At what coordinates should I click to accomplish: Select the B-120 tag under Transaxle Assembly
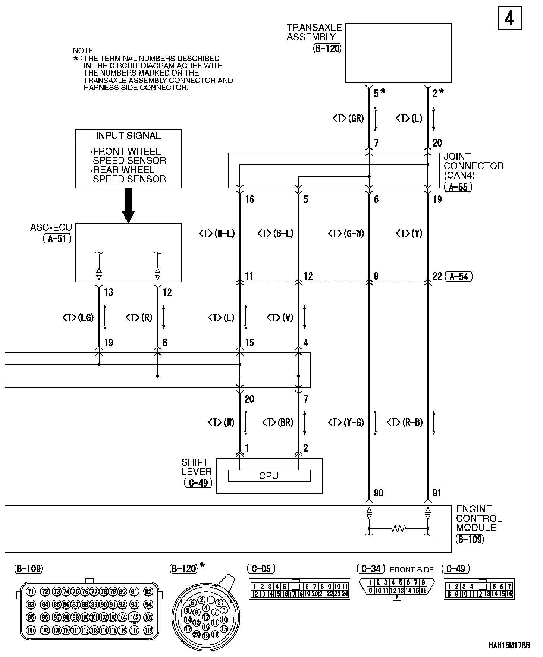tap(327, 48)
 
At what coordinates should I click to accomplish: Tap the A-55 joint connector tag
tap(458, 187)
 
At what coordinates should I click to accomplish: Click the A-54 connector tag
tap(459, 276)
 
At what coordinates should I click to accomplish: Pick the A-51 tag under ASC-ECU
tap(57, 239)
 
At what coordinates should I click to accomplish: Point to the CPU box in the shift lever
tap(269, 476)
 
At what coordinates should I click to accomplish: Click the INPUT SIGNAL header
tap(128, 136)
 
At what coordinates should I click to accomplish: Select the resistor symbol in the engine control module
tap(398, 528)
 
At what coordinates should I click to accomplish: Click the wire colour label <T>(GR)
tap(348, 119)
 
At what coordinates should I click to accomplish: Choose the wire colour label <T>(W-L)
tap(217, 234)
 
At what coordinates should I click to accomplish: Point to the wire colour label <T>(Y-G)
tap(346, 422)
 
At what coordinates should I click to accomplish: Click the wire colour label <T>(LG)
tap(78, 318)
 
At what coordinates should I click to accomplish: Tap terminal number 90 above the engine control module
tap(378, 493)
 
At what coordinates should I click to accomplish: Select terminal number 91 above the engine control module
tap(437, 493)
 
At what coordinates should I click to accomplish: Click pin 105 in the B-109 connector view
tap(134, 617)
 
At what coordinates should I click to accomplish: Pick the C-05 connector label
tap(261, 569)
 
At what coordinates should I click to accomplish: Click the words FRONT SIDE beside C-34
tap(412, 570)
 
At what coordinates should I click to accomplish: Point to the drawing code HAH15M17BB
tap(509, 645)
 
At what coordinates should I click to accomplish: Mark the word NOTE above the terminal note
tap(83, 51)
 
